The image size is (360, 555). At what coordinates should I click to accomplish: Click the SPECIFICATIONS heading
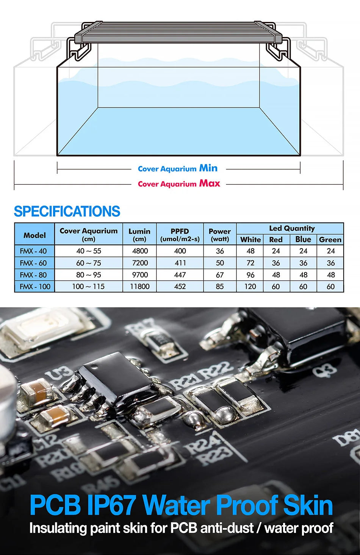point(67,211)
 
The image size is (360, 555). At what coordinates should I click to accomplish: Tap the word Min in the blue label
point(208,168)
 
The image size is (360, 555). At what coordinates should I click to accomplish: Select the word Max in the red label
point(210,183)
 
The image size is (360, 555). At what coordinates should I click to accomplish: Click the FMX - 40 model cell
point(34,251)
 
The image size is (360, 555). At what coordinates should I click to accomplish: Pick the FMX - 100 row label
point(35,286)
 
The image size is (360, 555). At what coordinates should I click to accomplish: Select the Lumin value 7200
point(139,263)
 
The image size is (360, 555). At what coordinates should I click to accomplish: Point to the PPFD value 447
point(180,275)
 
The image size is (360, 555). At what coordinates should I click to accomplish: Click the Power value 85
point(220,286)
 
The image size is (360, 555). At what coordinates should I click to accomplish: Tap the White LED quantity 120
point(250,286)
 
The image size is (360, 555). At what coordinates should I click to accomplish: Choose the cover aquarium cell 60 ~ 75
point(89,263)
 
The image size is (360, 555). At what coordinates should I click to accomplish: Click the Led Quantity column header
point(292,228)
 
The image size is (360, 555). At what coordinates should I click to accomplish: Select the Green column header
point(330,239)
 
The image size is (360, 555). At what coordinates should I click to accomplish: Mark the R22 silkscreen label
point(216,371)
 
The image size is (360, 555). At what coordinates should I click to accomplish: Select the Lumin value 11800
point(139,286)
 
